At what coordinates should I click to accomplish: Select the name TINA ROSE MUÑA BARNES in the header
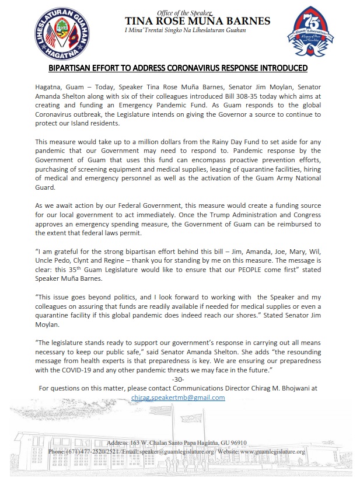point(198,21)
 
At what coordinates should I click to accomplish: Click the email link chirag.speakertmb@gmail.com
point(178,397)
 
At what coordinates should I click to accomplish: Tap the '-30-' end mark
point(178,379)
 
